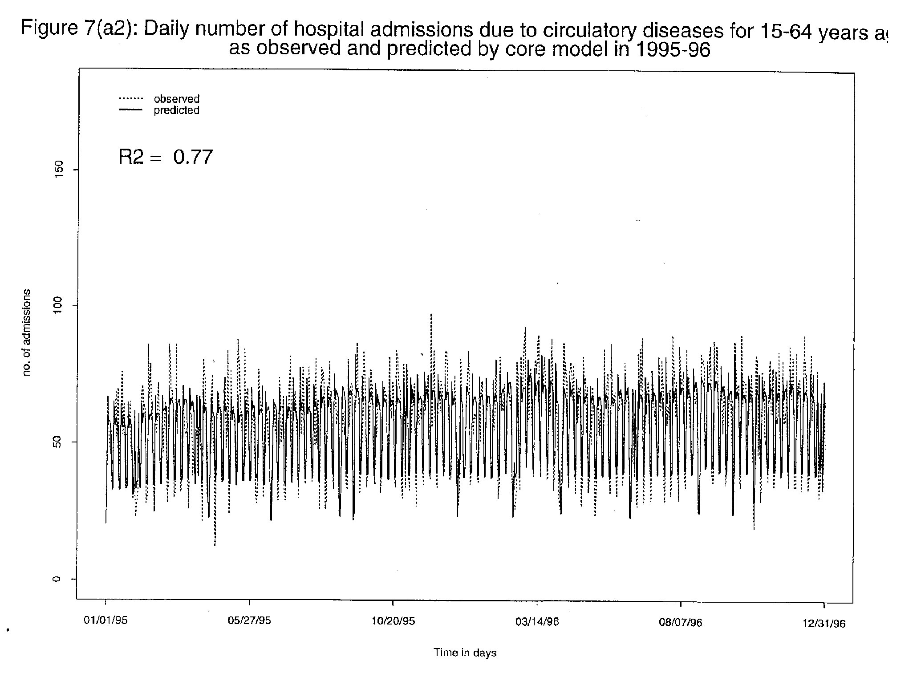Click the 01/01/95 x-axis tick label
106,621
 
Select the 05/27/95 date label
249,621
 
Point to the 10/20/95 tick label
393,621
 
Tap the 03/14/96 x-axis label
537,622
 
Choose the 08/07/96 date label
680,623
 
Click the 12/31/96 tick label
824,624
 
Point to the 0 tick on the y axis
57,579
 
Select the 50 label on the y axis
57,442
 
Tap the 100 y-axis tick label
57,306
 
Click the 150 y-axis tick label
57,170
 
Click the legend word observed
176,99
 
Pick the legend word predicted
176,110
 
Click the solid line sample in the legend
130,109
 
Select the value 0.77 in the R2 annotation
193,157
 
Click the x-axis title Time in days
465,653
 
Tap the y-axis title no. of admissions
27,332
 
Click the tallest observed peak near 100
431,315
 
